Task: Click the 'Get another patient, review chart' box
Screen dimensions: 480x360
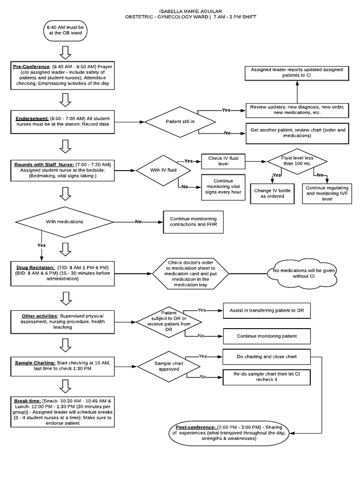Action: pos(296,133)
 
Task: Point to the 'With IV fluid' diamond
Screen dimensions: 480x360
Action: pos(164,170)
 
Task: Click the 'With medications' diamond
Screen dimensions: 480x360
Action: pos(64,221)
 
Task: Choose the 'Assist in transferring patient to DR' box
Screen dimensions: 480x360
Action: pos(267,310)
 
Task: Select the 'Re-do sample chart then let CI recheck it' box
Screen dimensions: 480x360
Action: pos(266,377)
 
